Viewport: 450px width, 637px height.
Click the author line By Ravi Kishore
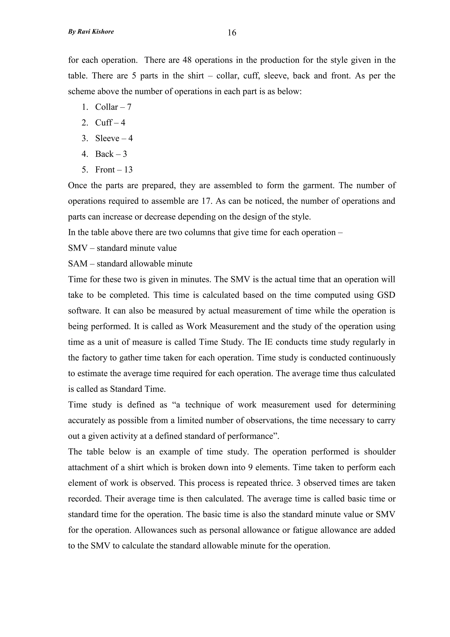click(91, 32)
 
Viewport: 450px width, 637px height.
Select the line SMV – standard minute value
click(122, 248)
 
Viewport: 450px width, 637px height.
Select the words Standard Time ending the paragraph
click(138, 389)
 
